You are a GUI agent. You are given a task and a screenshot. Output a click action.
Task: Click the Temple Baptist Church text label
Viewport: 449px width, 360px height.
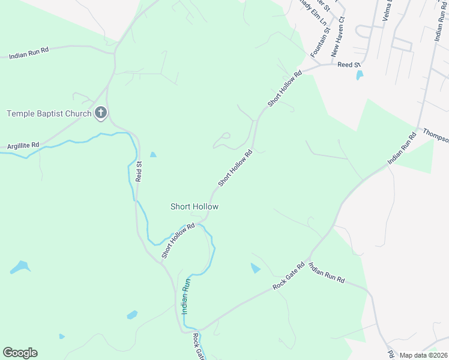click(x=49, y=113)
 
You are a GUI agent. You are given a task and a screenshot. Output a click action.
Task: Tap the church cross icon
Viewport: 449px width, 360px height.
click(x=101, y=112)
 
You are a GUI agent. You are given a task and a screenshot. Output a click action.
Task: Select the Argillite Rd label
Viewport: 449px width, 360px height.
click(x=23, y=146)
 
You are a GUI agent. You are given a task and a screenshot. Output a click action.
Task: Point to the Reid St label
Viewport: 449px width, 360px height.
click(x=139, y=172)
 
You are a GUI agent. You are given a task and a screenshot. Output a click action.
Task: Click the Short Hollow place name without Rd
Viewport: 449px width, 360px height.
click(x=194, y=206)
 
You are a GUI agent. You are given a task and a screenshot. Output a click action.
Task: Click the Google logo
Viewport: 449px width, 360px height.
click(x=20, y=353)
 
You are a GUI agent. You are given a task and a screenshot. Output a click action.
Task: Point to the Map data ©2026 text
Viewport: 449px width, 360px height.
click(x=423, y=355)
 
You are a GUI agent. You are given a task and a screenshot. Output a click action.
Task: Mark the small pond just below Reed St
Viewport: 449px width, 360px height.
click(x=360, y=76)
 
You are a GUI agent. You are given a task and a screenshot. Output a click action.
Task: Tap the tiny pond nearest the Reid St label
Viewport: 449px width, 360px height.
click(x=153, y=155)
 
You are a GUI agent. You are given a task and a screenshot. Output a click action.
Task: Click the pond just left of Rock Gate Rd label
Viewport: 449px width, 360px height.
click(x=255, y=268)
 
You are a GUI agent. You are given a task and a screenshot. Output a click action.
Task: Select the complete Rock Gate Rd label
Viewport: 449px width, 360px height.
click(x=289, y=276)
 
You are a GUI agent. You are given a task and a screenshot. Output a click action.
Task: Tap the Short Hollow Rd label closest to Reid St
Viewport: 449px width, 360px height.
click(x=178, y=241)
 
